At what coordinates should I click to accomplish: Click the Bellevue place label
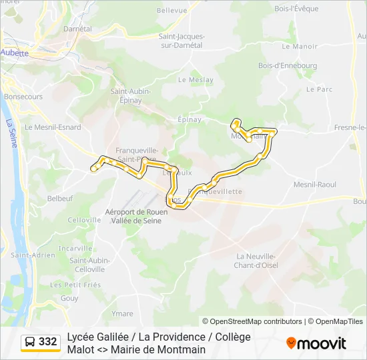(x=171, y=11)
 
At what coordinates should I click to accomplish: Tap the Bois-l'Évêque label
(x=296, y=9)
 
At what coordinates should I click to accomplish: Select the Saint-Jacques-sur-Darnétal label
(x=181, y=41)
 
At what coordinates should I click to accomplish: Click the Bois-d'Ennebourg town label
(x=288, y=65)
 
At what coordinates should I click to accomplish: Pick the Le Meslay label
(x=196, y=80)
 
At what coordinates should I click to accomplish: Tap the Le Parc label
(x=319, y=89)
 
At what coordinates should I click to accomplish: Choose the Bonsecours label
(x=23, y=97)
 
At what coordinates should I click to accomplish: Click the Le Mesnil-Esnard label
(x=53, y=127)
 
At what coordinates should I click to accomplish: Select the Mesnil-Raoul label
(x=315, y=184)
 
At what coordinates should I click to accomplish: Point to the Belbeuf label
(x=59, y=198)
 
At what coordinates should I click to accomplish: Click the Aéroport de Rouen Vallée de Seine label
(x=136, y=216)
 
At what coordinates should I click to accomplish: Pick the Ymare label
(x=122, y=314)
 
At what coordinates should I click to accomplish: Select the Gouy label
(x=69, y=298)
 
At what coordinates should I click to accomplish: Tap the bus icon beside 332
(x=30, y=342)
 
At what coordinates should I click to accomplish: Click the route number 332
(x=48, y=342)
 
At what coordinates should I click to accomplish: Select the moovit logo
(x=316, y=343)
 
